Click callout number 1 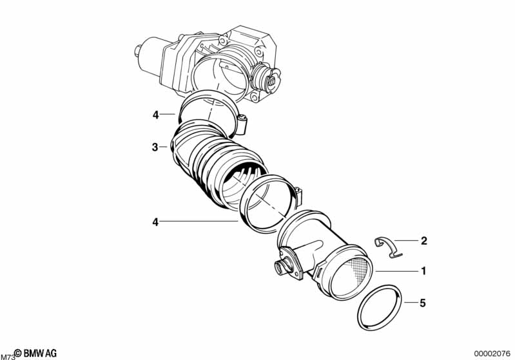pos(423,271)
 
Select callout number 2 pos(423,242)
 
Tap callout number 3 pos(155,147)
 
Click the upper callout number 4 pos(155,115)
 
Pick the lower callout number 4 pos(155,222)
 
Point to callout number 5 pos(423,301)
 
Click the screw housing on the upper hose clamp pos(242,122)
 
